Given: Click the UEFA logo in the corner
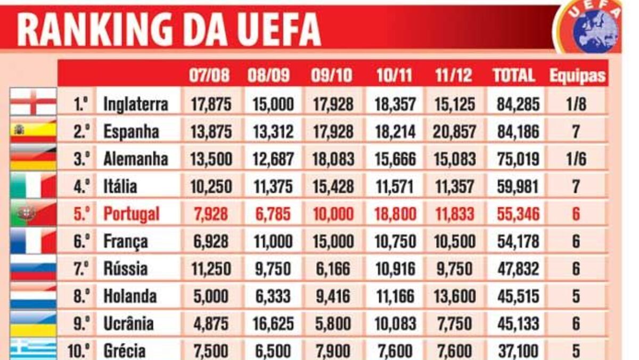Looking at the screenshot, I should tap(593, 27).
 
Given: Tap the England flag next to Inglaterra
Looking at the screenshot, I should tap(33, 102).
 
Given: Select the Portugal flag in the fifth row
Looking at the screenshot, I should tap(33, 214).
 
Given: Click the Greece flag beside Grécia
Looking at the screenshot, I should tap(33, 349).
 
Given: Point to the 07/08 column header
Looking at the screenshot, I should tap(209, 75).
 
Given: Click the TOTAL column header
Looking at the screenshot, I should tap(514, 75).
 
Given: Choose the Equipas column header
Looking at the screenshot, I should tap(578, 76).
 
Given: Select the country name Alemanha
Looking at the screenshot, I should tap(135, 159).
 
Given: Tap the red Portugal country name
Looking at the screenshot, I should tap(131, 214).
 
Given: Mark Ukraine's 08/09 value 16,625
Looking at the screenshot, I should tap(272, 324).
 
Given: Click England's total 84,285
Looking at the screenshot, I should tap(518, 103).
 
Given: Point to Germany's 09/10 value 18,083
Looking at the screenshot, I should tap(332, 159).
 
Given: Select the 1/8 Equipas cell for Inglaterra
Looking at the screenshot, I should tap(576, 103).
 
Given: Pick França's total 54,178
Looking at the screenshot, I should tap(518, 241).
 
